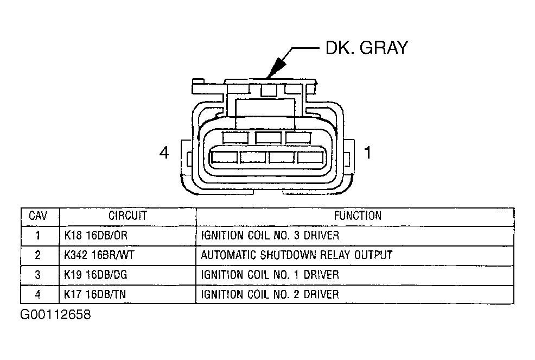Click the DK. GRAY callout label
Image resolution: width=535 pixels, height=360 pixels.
pyautogui.click(x=366, y=48)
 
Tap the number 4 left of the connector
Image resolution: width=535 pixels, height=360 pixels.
pyautogui.click(x=164, y=154)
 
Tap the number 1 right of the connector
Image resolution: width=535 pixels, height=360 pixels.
pyautogui.click(x=367, y=154)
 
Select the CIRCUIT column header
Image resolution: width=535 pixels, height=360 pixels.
pyautogui.click(x=128, y=216)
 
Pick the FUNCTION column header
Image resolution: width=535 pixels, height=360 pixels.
pyautogui.click(x=357, y=216)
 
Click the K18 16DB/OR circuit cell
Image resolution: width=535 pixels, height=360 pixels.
pyautogui.click(x=95, y=236)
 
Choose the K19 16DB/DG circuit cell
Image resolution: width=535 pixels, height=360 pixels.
pyautogui.click(x=96, y=275)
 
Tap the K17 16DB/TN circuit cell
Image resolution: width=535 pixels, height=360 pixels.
pyautogui.click(x=95, y=294)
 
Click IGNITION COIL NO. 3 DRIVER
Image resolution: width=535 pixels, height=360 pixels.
pyautogui.click(x=270, y=236)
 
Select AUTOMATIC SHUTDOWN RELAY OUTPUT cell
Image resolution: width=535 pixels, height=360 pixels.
pyautogui.click(x=296, y=255)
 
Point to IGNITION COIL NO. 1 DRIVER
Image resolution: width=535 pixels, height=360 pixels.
pyautogui.click(x=270, y=275)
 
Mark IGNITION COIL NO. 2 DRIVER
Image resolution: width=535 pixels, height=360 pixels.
pyautogui.click(x=270, y=294)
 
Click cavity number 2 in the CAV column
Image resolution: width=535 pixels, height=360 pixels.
pyautogui.click(x=38, y=255)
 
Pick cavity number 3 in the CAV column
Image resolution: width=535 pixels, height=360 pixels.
pyautogui.click(x=38, y=275)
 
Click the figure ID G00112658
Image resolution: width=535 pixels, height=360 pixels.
pyautogui.click(x=55, y=315)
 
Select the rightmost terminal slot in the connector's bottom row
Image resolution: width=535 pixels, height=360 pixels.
pyautogui.click(x=310, y=157)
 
